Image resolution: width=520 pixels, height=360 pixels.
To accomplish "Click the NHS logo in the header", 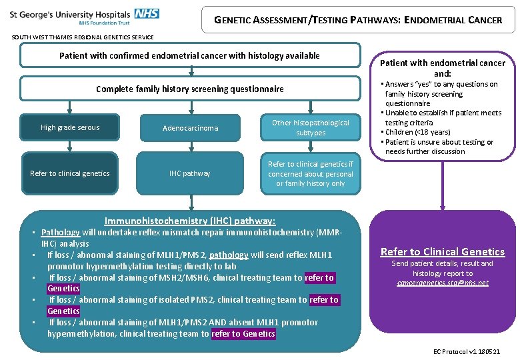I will (x=146, y=13).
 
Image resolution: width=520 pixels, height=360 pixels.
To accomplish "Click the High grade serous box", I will (x=70, y=127).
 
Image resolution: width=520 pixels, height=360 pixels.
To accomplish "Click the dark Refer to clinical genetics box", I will (x=70, y=173).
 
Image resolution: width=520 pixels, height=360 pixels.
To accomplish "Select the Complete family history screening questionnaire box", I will (x=189, y=89).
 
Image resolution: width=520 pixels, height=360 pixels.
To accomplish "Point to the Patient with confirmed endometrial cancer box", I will (x=189, y=56).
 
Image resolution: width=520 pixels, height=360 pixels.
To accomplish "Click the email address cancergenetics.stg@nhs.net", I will (x=442, y=283).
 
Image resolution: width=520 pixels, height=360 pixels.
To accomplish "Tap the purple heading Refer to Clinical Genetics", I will (x=442, y=251).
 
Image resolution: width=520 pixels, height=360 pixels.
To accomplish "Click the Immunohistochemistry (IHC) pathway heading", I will (x=190, y=221).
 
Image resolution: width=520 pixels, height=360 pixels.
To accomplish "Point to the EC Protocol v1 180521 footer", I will (x=466, y=351).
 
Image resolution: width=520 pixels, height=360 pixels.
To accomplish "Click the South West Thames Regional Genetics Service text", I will (x=83, y=37).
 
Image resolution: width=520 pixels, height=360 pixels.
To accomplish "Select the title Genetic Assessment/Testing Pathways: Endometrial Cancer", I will (x=358, y=20).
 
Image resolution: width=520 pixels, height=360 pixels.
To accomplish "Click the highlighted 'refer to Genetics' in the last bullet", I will (x=243, y=333).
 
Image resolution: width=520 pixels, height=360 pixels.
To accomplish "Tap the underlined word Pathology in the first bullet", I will (x=60, y=232).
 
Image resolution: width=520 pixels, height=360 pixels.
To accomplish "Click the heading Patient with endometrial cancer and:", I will (x=442, y=68).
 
